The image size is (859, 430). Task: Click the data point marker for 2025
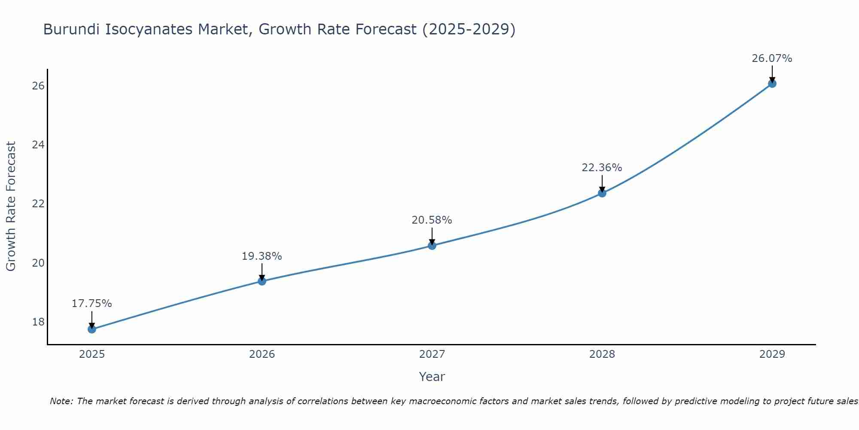(92, 329)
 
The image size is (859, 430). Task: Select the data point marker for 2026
(262, 281)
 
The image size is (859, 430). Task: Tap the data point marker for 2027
(432, 246)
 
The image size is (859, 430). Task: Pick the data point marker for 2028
(602, 193)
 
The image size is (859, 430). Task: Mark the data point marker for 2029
(772, 83)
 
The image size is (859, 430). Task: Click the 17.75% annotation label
(91, 304)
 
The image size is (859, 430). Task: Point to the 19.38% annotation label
(262, 256)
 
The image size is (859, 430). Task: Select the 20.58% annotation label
(432, 220)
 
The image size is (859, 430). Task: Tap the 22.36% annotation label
(602, 168)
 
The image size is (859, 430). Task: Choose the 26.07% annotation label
(772, 58)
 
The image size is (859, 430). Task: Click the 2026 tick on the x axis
(262, 354)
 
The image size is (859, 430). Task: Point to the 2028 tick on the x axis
(602, 354)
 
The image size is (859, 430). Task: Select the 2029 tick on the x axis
(772, 354)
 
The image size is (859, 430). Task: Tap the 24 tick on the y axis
(38, 144)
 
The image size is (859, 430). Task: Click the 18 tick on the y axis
(38, 322)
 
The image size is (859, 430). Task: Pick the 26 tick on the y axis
(38, 86)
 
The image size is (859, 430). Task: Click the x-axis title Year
(432, 377)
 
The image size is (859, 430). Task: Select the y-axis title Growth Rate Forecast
(11, 206)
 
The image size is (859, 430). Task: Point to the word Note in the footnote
(61, 401)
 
